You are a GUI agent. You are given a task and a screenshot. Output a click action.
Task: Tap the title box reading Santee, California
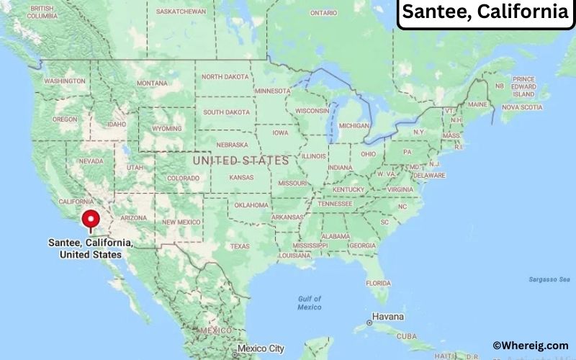pyautogui.click(x=485, y=12)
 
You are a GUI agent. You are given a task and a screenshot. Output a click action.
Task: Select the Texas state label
pyautogui.click(x=240, y=246)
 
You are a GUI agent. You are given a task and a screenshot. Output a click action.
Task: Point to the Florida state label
pyautogui.click(x=378, y=283)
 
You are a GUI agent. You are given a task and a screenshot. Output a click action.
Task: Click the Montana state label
pyautogui.click(x=152, y=84)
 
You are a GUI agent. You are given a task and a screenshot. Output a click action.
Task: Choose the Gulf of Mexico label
pyautogui.click(x=310, y=302)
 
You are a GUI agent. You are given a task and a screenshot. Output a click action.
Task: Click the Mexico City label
pyautogui.click(x=261, y=348)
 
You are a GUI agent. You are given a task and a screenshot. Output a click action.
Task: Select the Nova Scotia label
pyautogui.click(x=521, y=107)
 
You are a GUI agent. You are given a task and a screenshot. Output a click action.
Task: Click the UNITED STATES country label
pyautogui.click(x=240, y=160)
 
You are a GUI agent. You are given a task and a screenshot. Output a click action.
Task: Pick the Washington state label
pyautogui.click(x=65, y=81)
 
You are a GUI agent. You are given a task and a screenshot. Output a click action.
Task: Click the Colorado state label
pyautogui.click(x=183, y=178)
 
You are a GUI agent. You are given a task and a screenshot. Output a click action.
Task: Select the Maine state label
pyautogui.click(x=477, y=104)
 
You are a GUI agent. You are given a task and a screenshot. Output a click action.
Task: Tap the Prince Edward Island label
pyautogui.click(x=523, y=86)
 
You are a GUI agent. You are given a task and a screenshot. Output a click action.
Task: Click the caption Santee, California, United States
pyautogui.click(x=91, y=248)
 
